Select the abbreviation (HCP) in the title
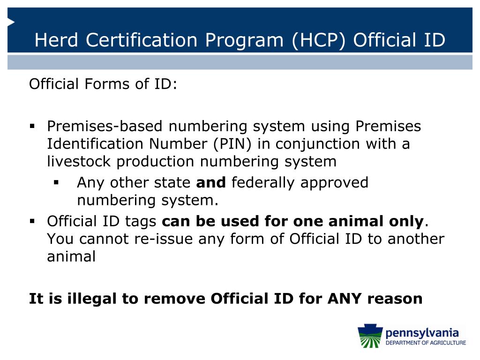pos(318,40)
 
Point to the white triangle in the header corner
pos(11,22)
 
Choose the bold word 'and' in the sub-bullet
pos(211,182)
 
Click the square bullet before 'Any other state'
pos(57,182)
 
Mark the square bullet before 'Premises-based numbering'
pos(32,126)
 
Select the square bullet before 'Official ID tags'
pos(32,220)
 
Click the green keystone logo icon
pos(370,337)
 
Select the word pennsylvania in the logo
pos(421,333)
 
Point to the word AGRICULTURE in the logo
pos(446,343)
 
